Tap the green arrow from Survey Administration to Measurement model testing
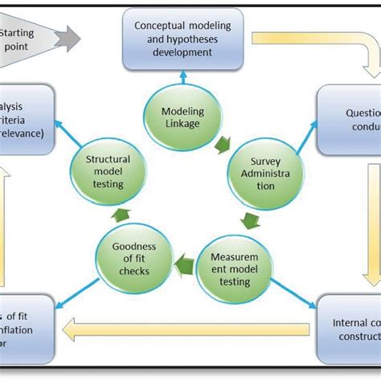click(251, 221)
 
